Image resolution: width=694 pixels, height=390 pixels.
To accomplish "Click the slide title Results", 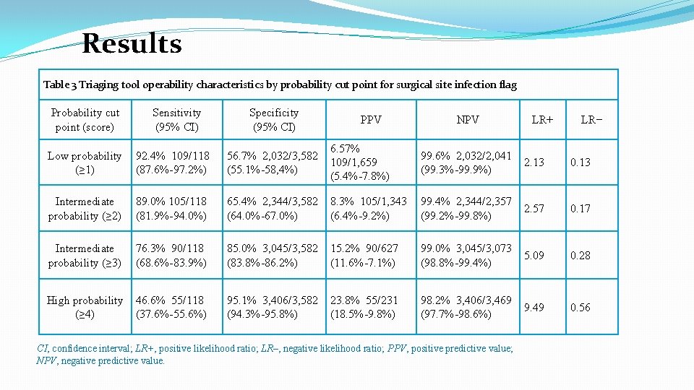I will [132, 44].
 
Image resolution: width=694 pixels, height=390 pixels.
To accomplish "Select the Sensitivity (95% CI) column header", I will [176, 120].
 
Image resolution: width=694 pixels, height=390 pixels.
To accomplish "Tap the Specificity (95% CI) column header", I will [273, 120].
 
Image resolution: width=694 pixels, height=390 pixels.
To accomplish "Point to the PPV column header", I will [371, 120].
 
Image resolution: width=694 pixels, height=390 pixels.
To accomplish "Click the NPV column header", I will [468, 120].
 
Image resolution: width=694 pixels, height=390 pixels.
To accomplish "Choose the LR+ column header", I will [542, 120].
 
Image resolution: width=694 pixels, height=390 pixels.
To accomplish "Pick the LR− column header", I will [591, 120].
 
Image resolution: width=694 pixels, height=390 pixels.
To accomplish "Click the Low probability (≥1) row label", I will [85, 162].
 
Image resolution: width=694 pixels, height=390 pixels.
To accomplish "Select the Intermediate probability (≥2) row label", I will [85, 209].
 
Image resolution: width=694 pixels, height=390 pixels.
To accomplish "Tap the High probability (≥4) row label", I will [85, 307].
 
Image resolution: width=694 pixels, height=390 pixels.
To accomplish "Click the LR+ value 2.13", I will [534, 162].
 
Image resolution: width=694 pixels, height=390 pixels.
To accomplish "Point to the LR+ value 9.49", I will [534, 307].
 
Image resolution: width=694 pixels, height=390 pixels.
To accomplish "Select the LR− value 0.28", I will [580, 256].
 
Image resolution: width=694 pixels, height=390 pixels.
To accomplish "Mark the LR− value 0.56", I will [580, 307].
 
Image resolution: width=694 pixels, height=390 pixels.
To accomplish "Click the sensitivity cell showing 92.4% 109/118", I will [173, 162].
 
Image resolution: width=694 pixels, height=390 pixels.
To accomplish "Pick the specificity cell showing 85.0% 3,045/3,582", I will [273, 256].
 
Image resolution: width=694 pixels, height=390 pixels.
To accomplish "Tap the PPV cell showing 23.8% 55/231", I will [364, 307].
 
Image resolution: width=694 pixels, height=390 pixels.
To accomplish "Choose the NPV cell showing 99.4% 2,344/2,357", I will [466, 209].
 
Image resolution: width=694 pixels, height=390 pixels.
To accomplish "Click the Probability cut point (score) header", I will [85, 120].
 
